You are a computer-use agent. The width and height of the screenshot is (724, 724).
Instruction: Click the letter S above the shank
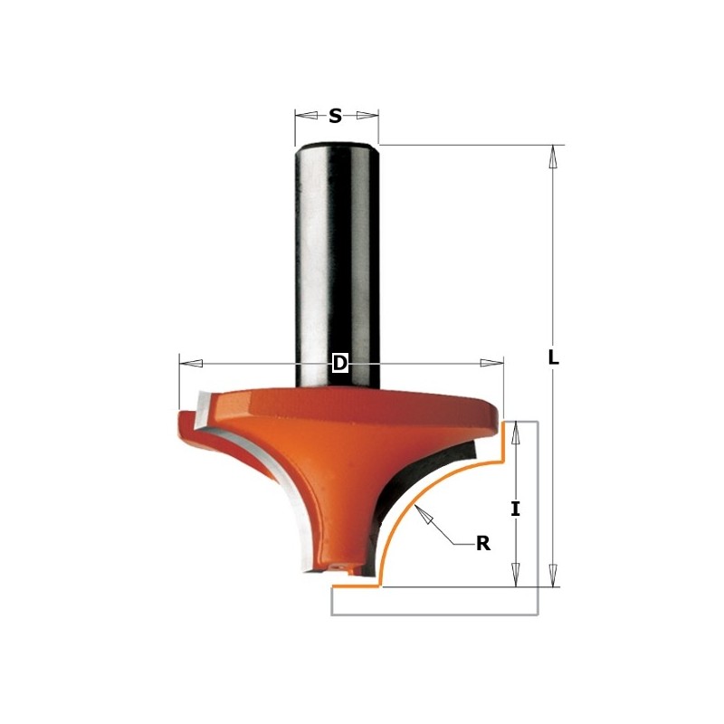point(335,116)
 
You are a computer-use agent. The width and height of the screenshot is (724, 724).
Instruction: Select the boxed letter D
point(339,363)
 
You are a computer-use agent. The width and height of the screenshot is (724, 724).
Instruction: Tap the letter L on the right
point(553,357)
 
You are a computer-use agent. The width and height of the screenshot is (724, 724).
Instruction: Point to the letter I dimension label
point(515,509)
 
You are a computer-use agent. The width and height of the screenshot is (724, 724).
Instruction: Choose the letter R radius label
point(482,544)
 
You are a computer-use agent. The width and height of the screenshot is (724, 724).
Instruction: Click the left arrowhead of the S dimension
point(306,116)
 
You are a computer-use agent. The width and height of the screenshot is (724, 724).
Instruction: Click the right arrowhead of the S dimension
point(367,116)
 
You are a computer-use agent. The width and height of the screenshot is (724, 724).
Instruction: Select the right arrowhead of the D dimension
point(491,363)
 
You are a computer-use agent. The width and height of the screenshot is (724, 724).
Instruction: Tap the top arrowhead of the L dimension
point(552,157)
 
